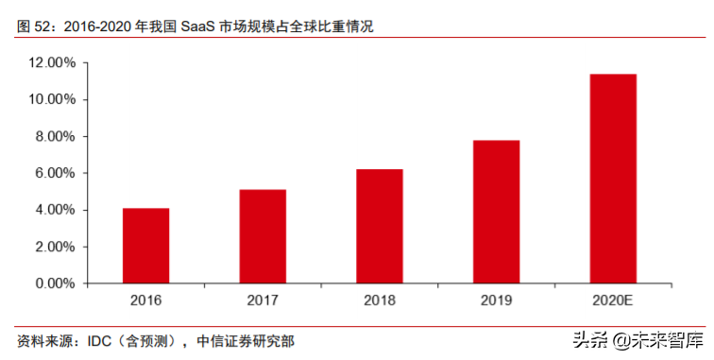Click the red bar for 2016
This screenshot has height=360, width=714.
pos(145,246)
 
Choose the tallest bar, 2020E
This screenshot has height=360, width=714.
pos(613,179)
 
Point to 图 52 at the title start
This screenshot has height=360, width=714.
pos(36,26)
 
